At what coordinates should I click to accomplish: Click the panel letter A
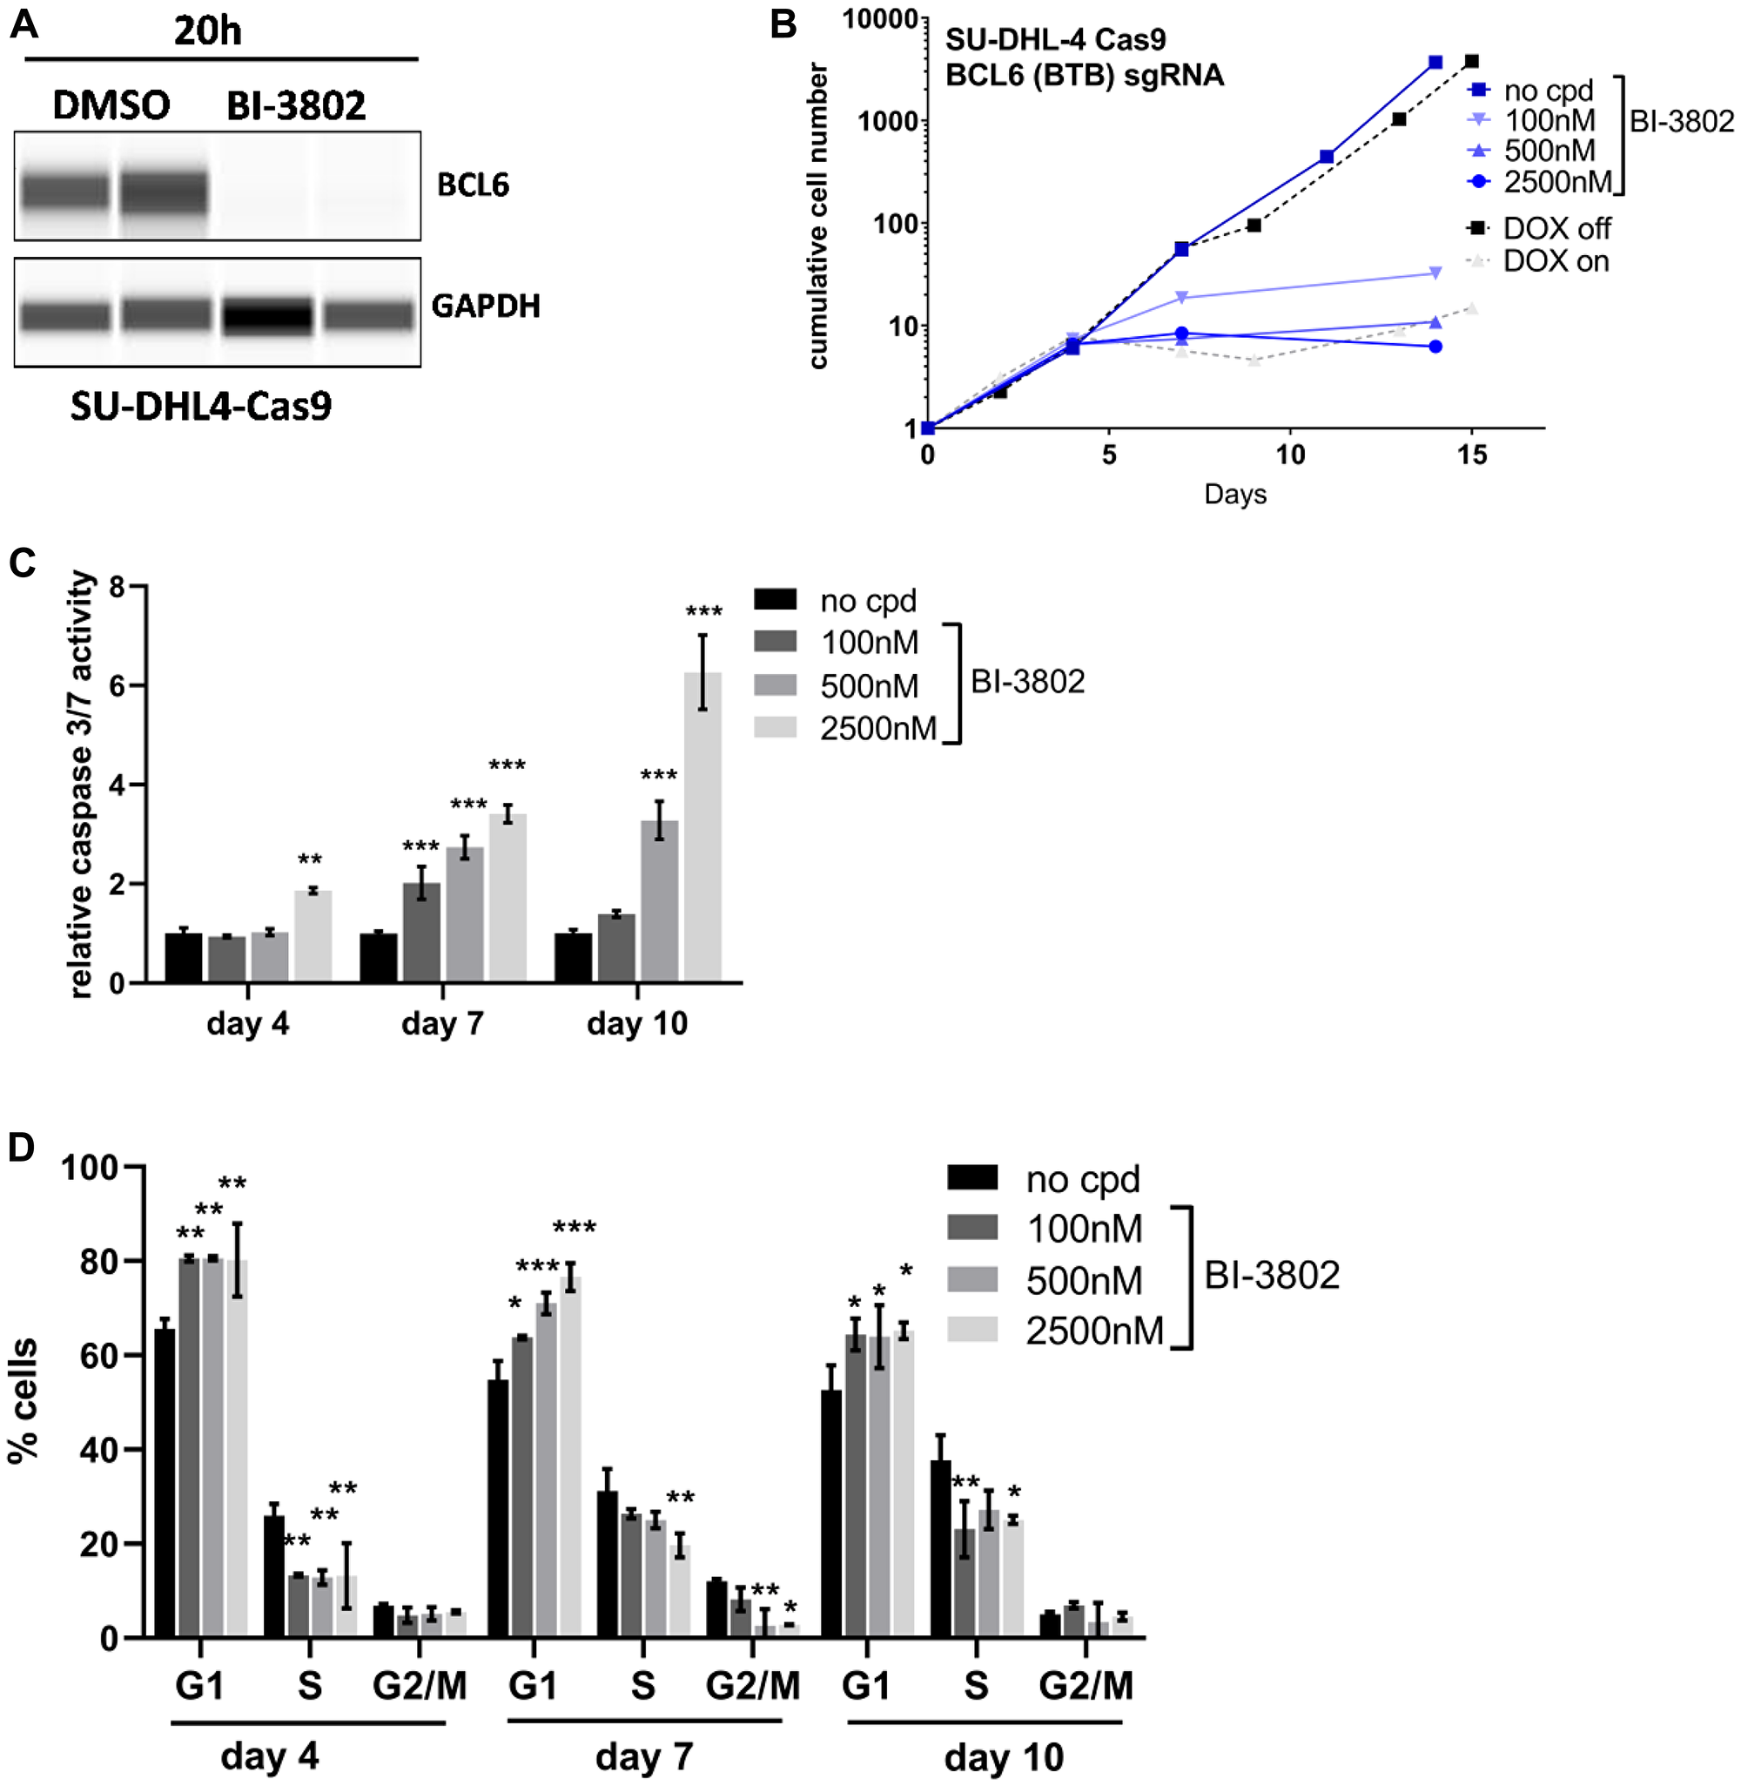(24, 24)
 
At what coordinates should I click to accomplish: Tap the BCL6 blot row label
(473, 185)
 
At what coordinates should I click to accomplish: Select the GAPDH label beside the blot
(486, 306)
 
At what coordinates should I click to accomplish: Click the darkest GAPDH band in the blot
(268, 316)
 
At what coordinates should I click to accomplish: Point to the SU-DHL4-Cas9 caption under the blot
(201, 406)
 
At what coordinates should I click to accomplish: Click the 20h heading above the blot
(207, 32)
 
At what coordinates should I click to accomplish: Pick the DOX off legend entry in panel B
(1556, 227)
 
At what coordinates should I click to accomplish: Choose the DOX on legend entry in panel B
(1555, 261)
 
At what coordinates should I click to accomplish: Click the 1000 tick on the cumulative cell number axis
(887, 121)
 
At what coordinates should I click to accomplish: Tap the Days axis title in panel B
(1234, 495)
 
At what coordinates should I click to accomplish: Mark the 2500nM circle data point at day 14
(1435, 347)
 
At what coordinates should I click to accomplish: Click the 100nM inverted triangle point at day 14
(1435, 273)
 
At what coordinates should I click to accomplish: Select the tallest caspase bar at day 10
(702, 826)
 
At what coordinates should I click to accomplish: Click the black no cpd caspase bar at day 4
(184, 958)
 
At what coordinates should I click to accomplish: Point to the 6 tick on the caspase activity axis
(117, 686)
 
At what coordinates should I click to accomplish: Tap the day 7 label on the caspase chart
(442, 1023)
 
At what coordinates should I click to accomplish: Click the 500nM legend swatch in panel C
(775, 685)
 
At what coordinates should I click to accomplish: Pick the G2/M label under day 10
(1086, 1685)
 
